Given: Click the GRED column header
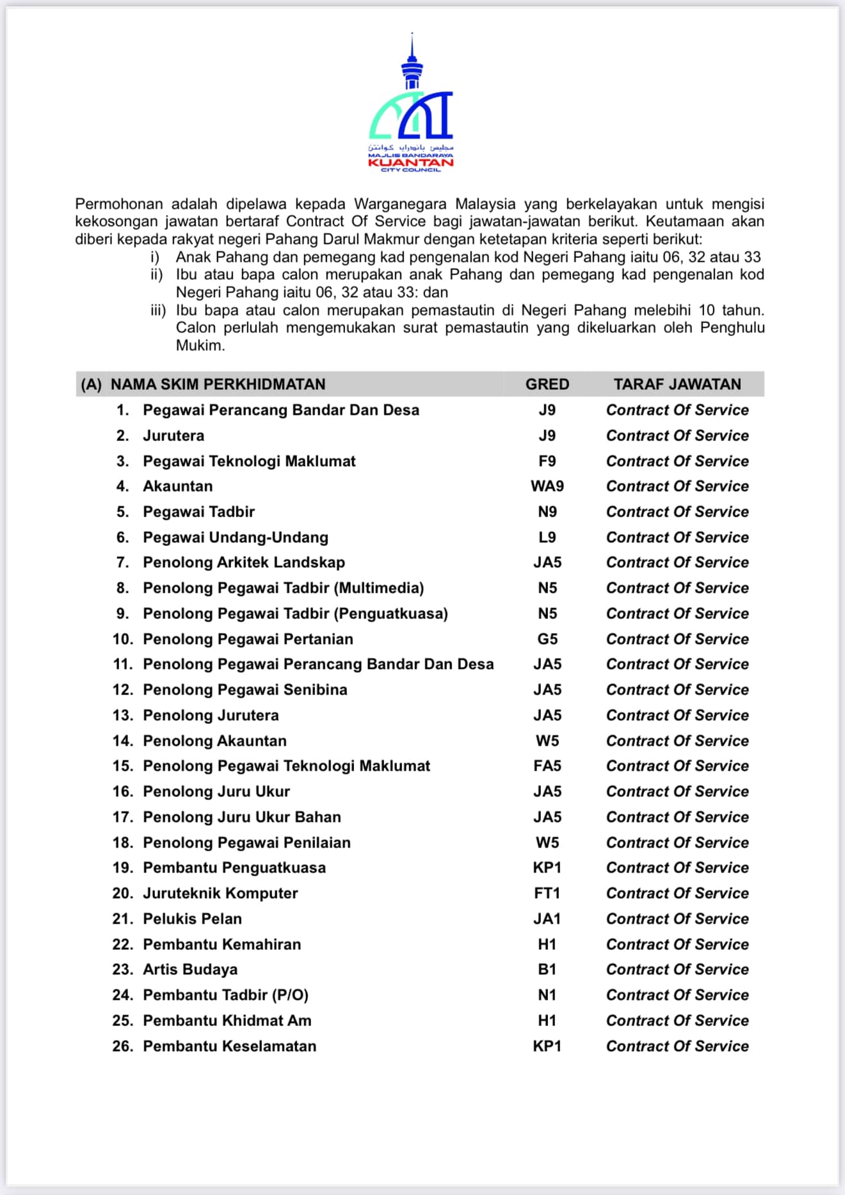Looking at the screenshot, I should pos(547,384).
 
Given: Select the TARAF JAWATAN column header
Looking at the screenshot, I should pos(677,384).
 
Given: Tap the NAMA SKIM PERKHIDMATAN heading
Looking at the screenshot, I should pos(218,384).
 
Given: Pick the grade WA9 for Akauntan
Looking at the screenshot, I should pos(547,486).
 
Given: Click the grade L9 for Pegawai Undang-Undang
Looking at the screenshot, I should pos(547,537).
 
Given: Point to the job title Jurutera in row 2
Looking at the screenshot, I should pos(173,436).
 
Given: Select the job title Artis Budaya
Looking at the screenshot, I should pos(190,970).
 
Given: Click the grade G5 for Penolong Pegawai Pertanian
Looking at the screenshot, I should pos(547,639).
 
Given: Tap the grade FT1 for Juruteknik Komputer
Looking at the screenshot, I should pos(547,894).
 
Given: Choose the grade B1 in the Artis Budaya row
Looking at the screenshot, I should pos(547,970).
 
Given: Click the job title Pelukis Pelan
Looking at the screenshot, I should pos(192,919).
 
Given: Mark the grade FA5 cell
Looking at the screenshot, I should pos(547,766).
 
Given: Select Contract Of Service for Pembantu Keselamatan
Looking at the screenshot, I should pos(677,1046).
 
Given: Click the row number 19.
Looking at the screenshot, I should pos(122,868).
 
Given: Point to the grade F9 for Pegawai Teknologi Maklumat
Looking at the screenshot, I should pos(547,461).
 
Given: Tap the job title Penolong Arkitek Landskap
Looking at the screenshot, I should pos(244,563).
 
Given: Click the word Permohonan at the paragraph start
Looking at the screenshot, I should pos(118,204).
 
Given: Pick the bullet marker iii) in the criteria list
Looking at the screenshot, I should pos(158,310).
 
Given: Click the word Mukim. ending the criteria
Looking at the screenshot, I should pos(200,346).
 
